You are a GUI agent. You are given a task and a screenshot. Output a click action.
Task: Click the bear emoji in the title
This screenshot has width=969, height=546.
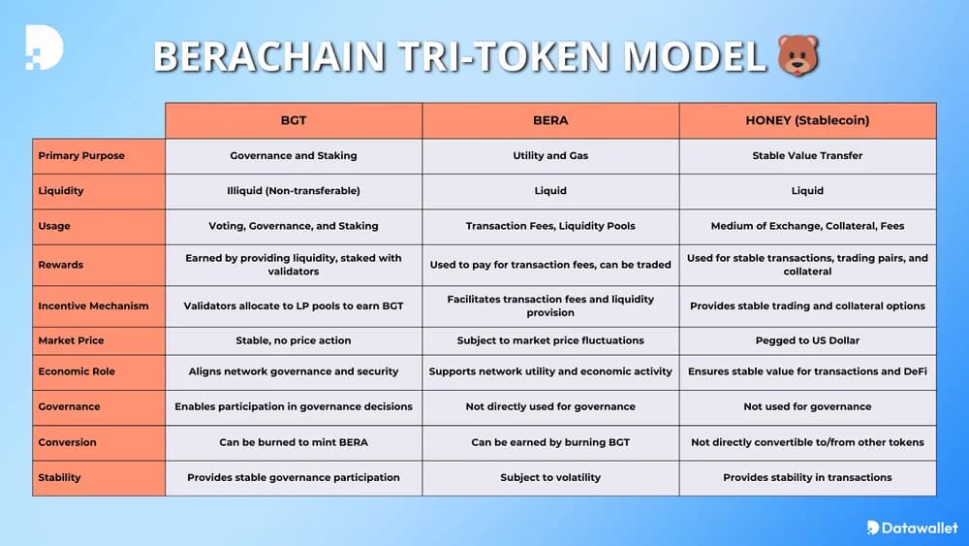point(798,55)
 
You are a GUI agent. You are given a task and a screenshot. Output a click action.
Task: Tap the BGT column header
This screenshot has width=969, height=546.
point(294,120)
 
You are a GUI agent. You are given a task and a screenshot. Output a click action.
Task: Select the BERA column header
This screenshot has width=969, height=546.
point(550,120)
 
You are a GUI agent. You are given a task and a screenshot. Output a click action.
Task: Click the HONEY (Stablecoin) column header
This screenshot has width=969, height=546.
point(807,120)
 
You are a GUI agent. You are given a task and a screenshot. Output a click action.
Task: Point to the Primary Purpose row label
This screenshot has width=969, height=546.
point(81,155)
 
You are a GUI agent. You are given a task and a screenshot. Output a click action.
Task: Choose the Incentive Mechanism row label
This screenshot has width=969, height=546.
point(93,305)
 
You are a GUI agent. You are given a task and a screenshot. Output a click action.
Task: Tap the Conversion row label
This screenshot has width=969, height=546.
point(67,442)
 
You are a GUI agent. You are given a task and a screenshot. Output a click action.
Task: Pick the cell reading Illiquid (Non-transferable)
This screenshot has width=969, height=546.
point(294,190)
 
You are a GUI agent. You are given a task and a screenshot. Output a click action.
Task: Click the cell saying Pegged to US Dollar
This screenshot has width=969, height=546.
point(807,340)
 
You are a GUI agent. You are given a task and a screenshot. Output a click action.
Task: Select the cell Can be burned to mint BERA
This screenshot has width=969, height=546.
point(294,442)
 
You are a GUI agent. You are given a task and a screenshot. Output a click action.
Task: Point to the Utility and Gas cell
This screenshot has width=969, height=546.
point(550,155)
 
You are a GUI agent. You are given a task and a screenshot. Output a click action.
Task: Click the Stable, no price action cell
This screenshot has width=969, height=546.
point(294,340)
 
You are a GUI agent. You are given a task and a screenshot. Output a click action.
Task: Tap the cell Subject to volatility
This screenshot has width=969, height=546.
point(550,477)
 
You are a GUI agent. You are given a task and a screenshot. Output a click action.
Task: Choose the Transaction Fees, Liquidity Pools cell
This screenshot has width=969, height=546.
point(550,226)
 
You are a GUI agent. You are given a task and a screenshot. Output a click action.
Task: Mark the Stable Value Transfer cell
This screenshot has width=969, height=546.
point(807,155)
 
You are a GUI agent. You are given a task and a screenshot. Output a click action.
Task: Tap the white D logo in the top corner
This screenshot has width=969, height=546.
point(43,47)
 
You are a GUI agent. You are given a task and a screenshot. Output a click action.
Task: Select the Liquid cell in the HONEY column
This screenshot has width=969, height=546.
point(807,190)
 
